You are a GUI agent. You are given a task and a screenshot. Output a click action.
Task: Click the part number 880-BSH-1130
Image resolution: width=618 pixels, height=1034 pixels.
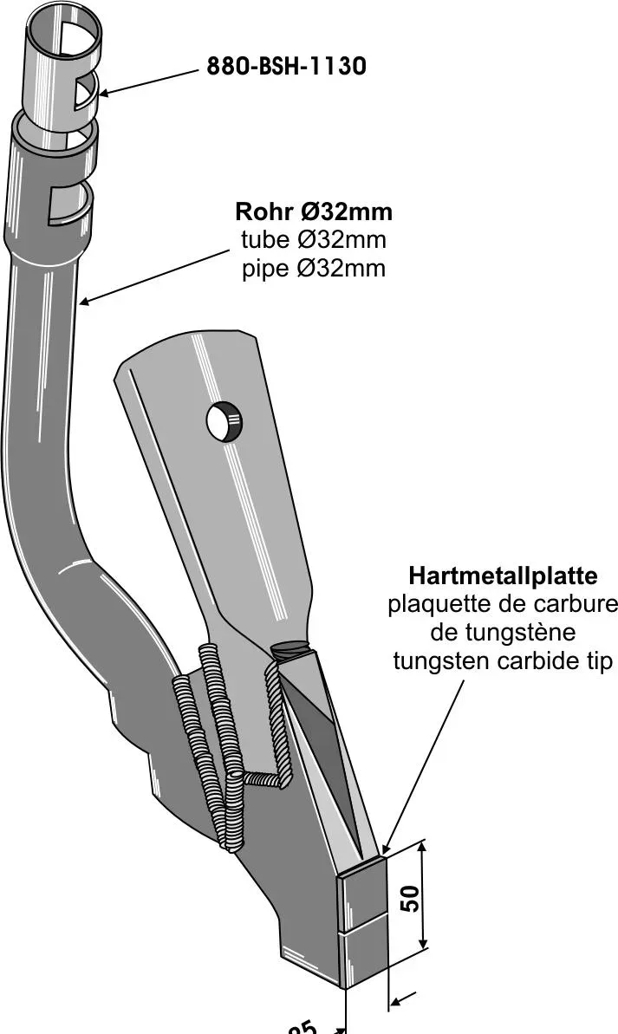click(x=286, y=66)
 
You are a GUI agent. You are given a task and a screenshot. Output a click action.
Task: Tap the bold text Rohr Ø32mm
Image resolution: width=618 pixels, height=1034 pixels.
click(x=313, y=211)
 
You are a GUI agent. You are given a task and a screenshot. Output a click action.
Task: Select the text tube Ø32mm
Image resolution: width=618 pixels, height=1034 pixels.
click(x=313, y=240)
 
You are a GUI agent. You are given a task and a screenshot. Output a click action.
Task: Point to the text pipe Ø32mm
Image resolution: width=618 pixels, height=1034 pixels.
click(x=313, y=269)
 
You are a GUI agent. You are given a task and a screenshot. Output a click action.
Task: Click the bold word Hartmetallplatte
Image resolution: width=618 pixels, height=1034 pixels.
click(x=503, y=576)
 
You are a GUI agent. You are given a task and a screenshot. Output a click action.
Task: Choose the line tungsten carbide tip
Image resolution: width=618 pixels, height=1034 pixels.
click(x=503, y=661)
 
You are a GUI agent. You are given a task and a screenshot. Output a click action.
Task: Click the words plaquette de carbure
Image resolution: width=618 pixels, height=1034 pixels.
click(x=503, y=604)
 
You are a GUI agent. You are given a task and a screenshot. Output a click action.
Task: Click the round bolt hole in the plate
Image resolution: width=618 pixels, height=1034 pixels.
click(x=224, y=421)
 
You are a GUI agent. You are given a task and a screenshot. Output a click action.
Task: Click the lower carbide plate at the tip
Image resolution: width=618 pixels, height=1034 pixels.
click(x=362, y=958)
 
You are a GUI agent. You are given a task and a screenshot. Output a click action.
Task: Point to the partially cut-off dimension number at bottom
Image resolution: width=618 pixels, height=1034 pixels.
click(x=304, y=1028)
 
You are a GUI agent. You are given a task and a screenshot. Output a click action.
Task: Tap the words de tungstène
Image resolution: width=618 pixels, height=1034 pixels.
click(x=503, y=633)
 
